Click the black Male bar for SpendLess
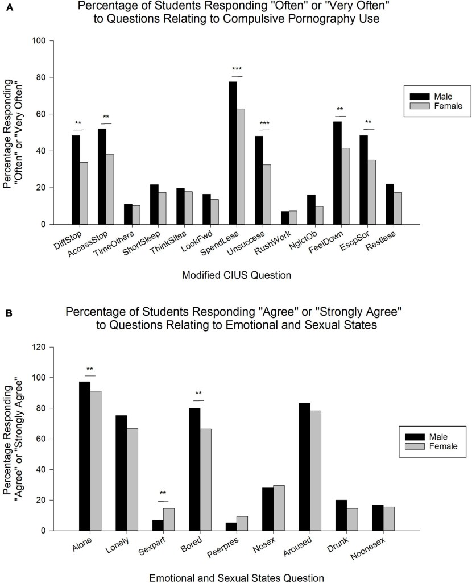click(233, 153)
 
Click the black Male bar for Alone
click(84, 456)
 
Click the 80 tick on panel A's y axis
click(47, 77)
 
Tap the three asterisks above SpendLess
click(237, 71)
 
